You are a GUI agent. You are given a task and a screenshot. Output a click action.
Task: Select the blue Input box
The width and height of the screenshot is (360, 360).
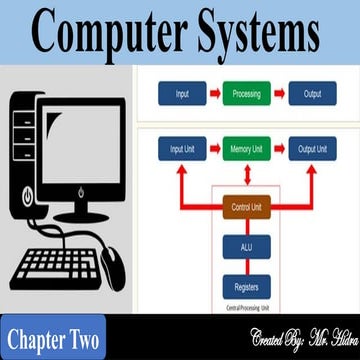(181, 94)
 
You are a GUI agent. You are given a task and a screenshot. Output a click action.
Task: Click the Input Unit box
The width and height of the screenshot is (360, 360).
(181, 150)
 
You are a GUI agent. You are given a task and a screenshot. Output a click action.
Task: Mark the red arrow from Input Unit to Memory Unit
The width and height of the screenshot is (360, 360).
(214, 150)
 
